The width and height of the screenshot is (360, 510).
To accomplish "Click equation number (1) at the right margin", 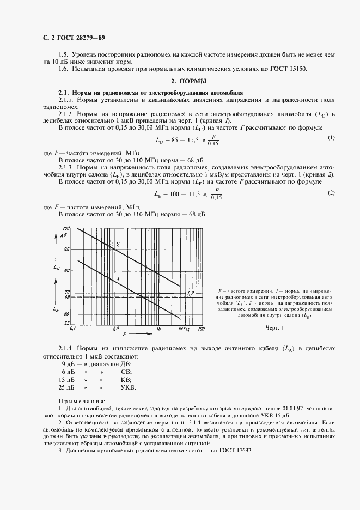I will click(x=330, y=138).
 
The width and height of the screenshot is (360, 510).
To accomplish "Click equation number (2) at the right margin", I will click(x=330, y=193).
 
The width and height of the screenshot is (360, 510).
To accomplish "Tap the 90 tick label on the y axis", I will click(x=67, y=249).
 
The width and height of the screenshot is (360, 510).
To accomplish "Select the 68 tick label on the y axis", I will click(x=67, y=297).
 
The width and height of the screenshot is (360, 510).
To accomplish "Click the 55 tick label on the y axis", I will click(x=67, y=324).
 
